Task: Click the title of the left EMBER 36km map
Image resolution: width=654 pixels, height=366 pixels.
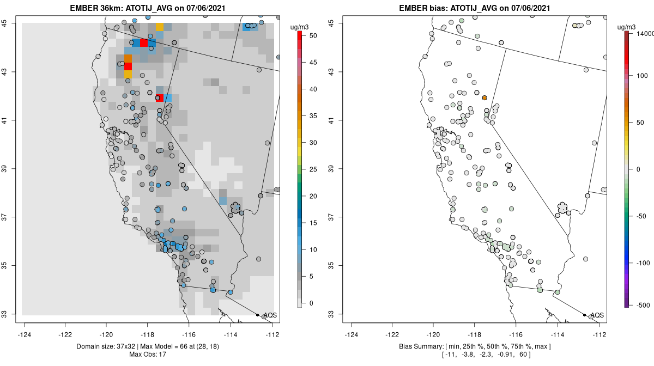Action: coord(150,8)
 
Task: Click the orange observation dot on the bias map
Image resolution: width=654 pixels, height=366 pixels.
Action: coord(484,97)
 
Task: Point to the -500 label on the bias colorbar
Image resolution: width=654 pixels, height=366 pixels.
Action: coord(643,304)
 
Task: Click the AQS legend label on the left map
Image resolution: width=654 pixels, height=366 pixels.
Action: coord(269,315)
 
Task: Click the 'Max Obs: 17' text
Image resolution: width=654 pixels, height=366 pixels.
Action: coord(150,355)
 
